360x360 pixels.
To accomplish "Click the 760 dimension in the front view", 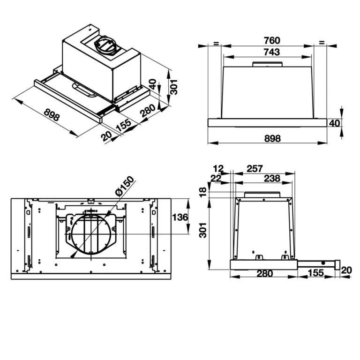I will tap(271, 40).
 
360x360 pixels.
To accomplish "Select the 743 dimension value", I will tap(271, 52).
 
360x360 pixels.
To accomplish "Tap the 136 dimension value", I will tap(180, 217).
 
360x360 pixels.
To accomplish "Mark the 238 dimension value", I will tap(271, 178).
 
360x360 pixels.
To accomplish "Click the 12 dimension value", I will tap(218, 168).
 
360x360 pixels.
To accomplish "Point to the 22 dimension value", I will tap(216, 178).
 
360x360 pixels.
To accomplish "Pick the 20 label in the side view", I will tap(346, 270).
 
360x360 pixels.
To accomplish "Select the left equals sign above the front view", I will tap(216, 43).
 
